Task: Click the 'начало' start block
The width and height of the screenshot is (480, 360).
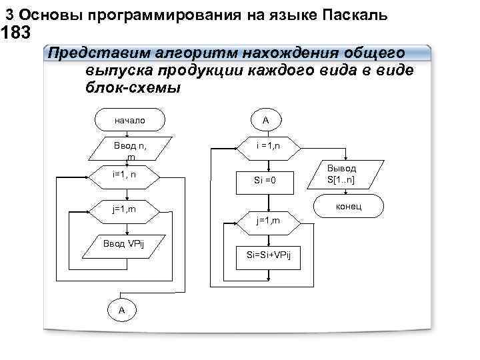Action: [129, 121]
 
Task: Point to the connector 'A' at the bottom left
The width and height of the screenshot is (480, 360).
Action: [121, 310]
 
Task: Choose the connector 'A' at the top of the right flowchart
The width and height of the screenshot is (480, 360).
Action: [265, 121]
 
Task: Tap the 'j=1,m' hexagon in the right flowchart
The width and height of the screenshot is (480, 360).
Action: [268, 221]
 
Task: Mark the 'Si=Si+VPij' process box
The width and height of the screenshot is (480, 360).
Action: [268, 256]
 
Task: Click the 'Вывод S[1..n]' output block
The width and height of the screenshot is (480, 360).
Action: [341, 175]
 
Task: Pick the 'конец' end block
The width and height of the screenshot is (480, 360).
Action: [349, 207]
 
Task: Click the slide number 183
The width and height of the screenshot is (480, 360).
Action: [16, 31]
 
